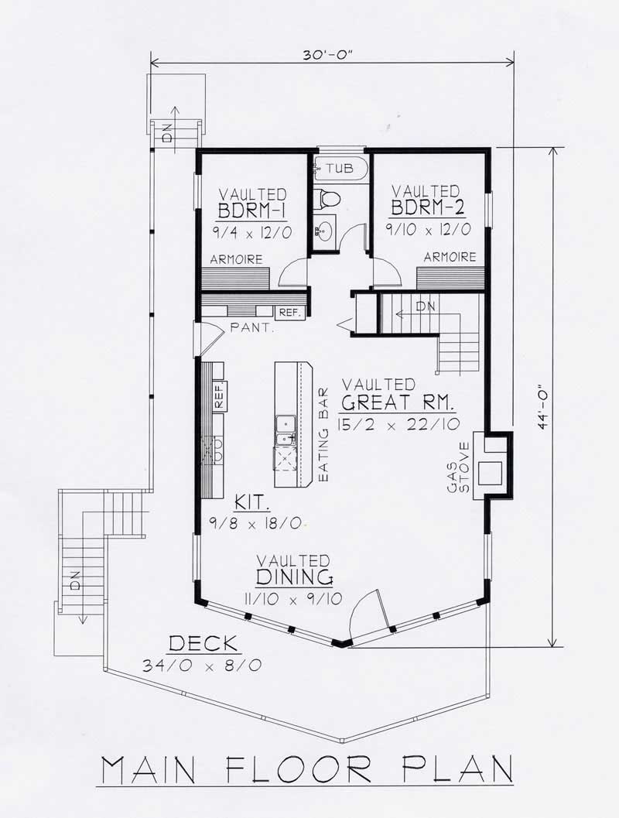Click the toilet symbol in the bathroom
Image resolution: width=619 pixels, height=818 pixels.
point(330,198)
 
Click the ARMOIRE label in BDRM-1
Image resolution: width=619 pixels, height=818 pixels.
point(236,260)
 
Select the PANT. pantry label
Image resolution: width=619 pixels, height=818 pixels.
point(251,328)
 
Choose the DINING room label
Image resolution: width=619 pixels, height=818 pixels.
point(294,577)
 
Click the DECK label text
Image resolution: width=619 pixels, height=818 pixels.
point(205,644)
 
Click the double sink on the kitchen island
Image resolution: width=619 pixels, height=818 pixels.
point(285,424)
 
